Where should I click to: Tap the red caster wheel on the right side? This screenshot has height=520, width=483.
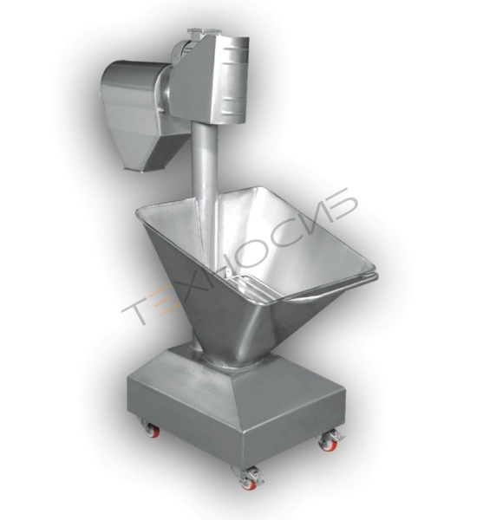(328, 445)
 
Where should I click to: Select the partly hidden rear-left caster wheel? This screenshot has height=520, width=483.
(154, 432)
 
